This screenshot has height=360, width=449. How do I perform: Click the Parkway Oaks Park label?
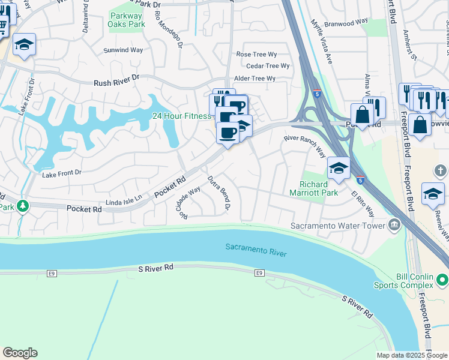pyautogui.click(x=126, y=20)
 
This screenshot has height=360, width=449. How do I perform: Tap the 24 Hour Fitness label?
pyautogui.click(x=181, y=116)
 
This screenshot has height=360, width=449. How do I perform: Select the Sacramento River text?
pyautogui.click(x=256, y=250)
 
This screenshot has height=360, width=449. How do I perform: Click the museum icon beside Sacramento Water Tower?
pyautogui.click(x=394, y=226)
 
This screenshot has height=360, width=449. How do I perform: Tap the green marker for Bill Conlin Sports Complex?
pyautogui.click(x=442, y=280)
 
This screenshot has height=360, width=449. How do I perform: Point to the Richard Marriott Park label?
pyautogui.click(x=318, y=188)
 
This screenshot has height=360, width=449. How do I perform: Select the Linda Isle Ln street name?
pyautogui.click(x=124, y=198)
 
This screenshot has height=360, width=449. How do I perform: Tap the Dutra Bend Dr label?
pyautogui.click(x=219, y=193)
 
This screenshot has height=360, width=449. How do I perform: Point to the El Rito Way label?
pyautogui.click(x=363, y=204)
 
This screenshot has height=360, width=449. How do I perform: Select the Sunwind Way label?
pyautogui.click(x=123, y=50)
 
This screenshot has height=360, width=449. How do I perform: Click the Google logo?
pyautogui.click(x=20, y=353)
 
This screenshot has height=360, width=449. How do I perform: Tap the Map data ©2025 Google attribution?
pyautogui.click(x=411, y=355)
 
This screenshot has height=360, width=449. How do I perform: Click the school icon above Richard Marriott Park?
pyautogui.click(x=339, y=169)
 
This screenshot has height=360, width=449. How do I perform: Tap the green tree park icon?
pyautogui.click(x=23, y=206)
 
